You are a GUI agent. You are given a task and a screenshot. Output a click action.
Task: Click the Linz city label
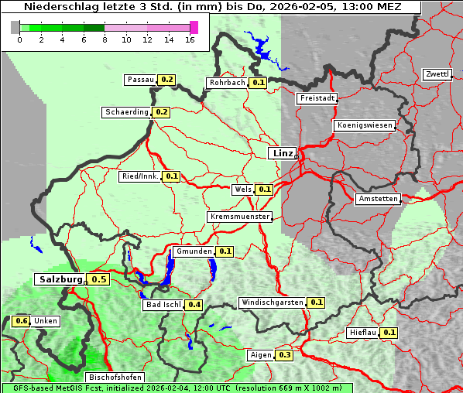(x=282, y=153)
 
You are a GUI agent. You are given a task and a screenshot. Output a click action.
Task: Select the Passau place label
(x=140, y=80)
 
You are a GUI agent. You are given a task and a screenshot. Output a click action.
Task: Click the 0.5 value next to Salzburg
(x=98, y=279)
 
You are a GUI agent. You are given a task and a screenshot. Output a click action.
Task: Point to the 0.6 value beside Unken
(x=22, y=321)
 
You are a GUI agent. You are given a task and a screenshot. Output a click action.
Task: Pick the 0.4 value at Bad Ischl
(x=194, y=305)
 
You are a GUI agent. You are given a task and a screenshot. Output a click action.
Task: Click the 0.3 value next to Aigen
(x=284, y=355)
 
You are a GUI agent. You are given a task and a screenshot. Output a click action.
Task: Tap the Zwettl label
(x=437, y=74)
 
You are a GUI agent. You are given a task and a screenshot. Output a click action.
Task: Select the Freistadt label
(x=317, y=98)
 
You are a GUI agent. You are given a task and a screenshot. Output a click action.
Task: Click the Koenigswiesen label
(x=365, y=125)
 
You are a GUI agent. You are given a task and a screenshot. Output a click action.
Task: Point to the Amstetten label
(x=378, y=199)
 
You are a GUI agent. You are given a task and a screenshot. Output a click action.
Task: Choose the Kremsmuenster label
(x=240, y=217)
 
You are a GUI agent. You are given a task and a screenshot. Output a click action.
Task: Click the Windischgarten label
(x=272, y=302)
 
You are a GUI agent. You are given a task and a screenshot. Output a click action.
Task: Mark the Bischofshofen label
(x=114, y=377)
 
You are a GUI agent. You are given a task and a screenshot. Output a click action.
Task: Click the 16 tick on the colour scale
(x=190, y=39)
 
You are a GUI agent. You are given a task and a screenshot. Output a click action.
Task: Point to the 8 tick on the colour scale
(x=105, y=39)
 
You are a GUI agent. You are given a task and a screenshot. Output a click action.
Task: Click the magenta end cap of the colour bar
(x=194, y=27)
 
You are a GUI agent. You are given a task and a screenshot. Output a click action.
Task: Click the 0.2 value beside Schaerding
(x=162, y=112)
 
